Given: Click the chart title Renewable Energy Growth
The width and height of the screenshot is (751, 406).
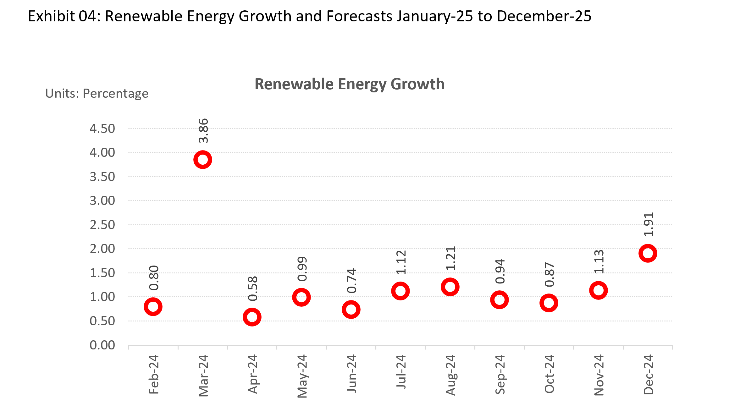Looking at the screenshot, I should [x=349, y=84].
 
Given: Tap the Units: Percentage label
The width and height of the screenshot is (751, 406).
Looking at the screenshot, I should [x=97, y=94].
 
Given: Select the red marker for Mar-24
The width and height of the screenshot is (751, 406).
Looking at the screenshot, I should [x=202, y=160].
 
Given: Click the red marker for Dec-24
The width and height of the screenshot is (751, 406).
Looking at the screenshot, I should [x=648, y=253].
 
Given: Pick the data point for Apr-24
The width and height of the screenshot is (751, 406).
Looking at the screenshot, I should [x=252, y=317].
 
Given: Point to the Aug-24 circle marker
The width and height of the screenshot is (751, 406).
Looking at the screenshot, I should [x=450, y=287].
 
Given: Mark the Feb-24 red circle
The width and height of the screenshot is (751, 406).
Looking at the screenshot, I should [x=153, y=307].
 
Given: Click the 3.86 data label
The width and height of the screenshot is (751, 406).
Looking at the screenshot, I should [x=203, y=131].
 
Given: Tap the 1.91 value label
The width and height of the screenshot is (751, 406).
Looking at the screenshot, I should [x=648, y=224].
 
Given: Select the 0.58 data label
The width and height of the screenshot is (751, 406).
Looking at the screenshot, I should [x=253, y=288].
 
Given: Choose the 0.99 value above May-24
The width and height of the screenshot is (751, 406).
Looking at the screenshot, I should [x=302, y=269].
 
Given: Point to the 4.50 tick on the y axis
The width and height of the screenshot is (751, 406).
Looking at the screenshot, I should [x=102, y=129].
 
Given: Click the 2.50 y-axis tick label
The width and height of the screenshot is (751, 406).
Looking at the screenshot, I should [x=102, y=225].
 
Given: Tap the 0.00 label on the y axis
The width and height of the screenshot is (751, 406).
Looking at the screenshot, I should [x=102, y=345].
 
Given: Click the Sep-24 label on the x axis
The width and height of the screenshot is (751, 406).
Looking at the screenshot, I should [x=500, y=374].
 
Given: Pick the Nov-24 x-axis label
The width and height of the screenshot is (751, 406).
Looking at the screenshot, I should [x=599, y=375].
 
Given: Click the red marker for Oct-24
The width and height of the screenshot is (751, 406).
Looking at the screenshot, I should [x=549, y=303].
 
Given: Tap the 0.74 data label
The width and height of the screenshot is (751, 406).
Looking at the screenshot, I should [x=351, y=281].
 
